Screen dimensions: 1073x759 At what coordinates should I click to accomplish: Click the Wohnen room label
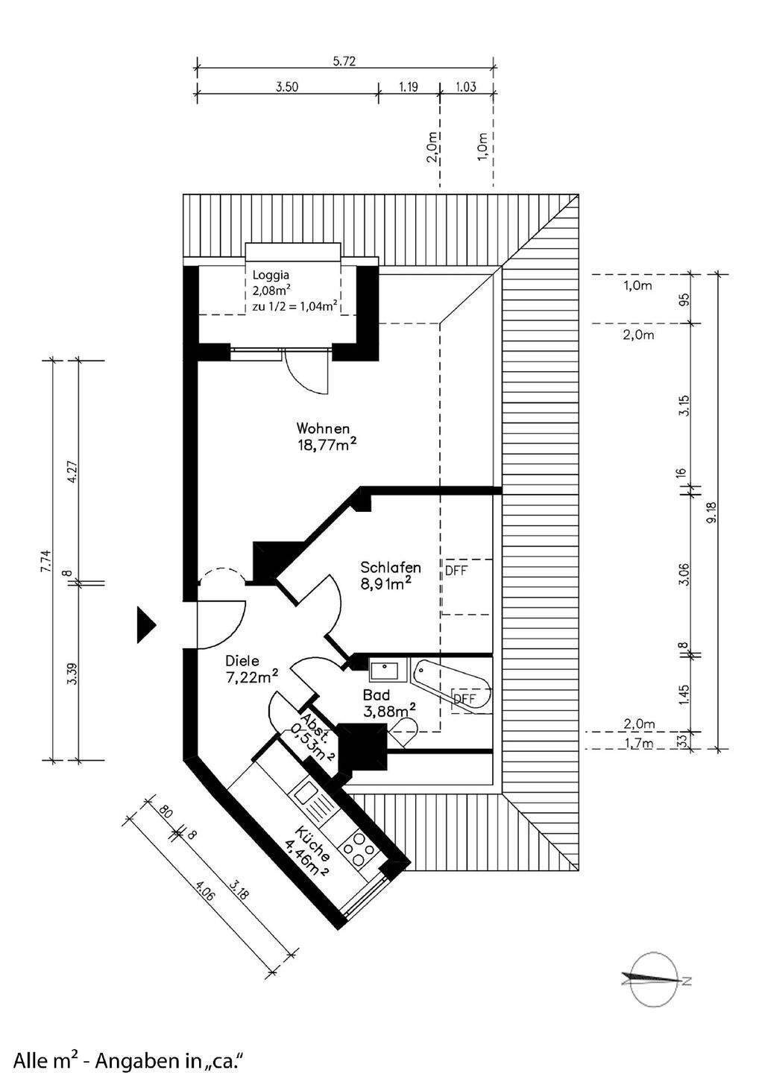[323, 429]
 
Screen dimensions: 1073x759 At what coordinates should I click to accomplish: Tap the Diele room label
[242, 660]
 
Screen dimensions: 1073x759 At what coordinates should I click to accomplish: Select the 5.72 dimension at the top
[344, 62]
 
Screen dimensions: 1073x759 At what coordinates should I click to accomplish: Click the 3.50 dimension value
[287, 87]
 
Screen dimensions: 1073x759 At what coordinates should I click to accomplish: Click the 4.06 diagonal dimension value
[204, 892]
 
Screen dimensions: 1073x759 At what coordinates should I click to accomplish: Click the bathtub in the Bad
[452, 685]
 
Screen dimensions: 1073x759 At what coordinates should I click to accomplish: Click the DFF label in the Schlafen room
[456, 572]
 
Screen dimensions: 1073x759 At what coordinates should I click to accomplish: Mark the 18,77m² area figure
[325, 446]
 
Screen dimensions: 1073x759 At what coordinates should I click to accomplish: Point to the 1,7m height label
[638, 743]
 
